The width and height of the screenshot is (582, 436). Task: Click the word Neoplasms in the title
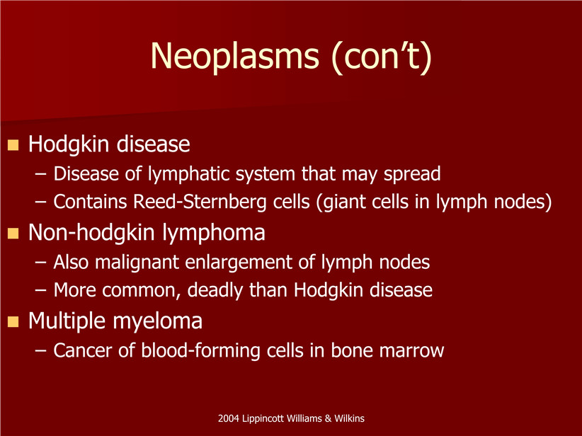tap(234, 57)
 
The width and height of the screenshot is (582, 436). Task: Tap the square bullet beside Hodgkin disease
tap(13, 144)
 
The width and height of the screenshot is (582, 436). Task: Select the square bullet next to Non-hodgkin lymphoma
tap(13, 233)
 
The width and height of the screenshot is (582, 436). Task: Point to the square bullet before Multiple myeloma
tap(13, 321)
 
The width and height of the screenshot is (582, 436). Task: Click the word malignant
tap(137, 263)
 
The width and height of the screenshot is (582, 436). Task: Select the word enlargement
tap(239, 263)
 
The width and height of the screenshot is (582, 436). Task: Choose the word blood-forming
tap(200, 351)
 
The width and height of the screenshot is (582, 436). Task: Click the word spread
tap(412, 174)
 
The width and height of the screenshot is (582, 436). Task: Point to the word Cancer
tap(83, 351)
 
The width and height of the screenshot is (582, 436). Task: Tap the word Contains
tap(90, 202)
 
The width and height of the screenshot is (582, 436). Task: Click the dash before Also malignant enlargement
tap(41, 263)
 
